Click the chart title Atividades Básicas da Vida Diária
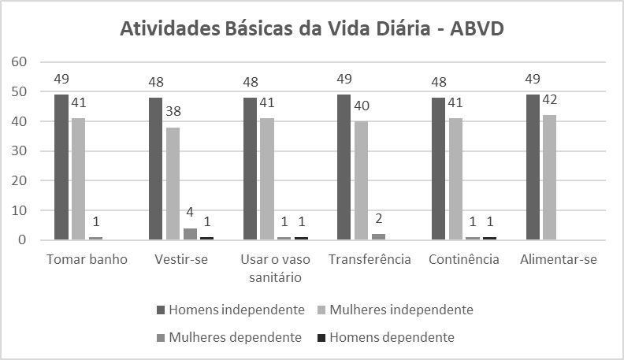[311, 30]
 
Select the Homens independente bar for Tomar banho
[61, 167]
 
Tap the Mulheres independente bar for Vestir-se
[173, 184]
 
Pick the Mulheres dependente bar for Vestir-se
[190, 234]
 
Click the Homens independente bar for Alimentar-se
[533, 167]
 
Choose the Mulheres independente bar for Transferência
[362, 180]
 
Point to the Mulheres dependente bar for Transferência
[379, 236]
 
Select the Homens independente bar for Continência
[439, 169]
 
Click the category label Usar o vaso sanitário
[276, 269]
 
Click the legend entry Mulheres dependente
[229, 337]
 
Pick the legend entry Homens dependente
[399, 337]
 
